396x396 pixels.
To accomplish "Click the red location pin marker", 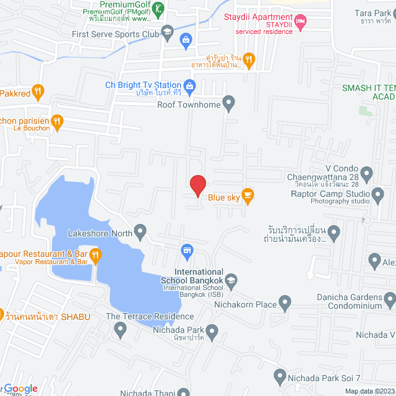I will (197, 185).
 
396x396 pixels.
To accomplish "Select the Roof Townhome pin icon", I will (230, 103).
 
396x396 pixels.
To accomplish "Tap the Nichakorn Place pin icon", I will (285, 303).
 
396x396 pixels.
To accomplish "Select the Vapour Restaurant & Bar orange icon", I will (95, 254).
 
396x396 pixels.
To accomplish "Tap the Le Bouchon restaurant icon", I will (58, 122).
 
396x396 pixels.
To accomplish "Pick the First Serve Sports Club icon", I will (167, 32).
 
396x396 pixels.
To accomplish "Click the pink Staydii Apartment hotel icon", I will (301, 23).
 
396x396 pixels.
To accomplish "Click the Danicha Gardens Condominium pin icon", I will (389, 301).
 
